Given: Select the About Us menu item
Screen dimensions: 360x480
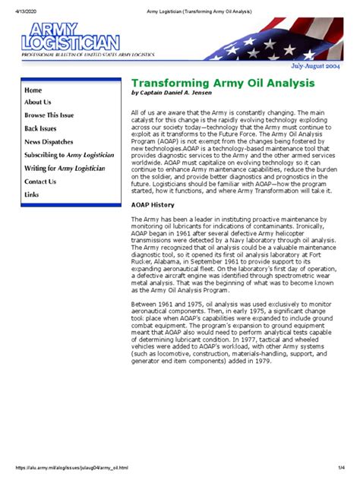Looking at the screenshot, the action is [37, 102].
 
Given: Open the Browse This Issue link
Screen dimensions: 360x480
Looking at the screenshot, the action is [49, 115].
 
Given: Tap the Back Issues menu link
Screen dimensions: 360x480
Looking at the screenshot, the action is [41, 128].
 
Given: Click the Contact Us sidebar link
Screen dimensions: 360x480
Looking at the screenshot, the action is [40, 182].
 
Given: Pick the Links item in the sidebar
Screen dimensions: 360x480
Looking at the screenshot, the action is [32, 194].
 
